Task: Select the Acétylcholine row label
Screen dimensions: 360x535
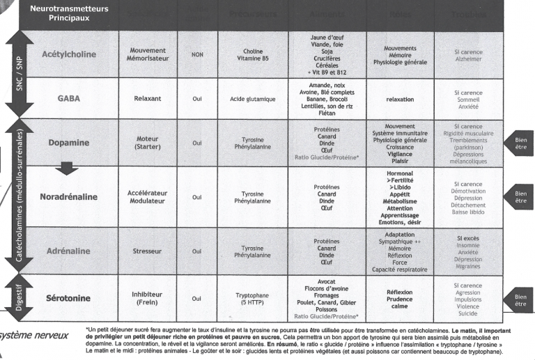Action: point(68,54)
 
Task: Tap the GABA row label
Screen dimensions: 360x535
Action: point(68,99)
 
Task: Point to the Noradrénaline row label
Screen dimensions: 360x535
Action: point(68,197)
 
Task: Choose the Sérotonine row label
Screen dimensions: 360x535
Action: point(68,299)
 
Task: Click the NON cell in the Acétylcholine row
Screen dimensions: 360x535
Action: point(197,54)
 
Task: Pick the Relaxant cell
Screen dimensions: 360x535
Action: point(147,99)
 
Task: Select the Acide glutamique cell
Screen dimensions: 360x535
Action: point(252,99)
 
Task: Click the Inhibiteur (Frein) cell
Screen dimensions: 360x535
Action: point(147,299)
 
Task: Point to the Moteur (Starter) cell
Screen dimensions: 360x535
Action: point(147,143)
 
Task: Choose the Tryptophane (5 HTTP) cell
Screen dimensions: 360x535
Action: point(252,299)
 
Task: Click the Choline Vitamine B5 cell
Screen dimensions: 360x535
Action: point(252,54)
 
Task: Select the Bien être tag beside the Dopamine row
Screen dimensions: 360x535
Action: point(520,142)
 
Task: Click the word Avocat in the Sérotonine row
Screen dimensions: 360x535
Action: point(326,281)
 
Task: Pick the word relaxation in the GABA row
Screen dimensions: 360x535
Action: point(400,99)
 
